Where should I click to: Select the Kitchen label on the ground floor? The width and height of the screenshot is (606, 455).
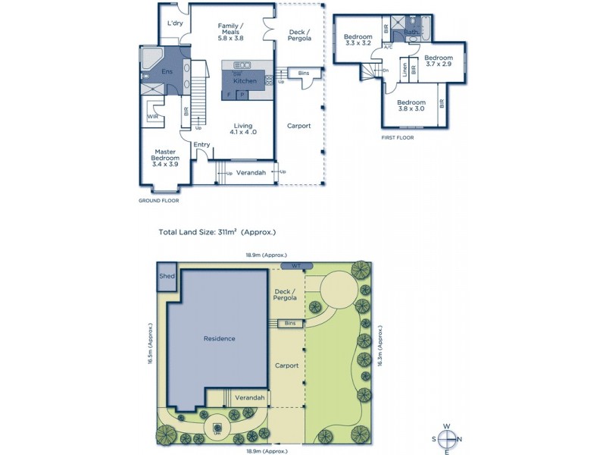(x=245, y=80)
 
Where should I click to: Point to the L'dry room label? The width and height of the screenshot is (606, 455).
(x=175, y=24)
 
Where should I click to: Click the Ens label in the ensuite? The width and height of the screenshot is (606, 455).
(x=167, y=72)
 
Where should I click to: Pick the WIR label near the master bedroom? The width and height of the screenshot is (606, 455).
(x=152, y=117)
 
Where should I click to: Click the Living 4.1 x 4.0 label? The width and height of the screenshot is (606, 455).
(x=242, y=129)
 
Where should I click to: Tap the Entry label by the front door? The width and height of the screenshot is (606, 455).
(x=201, y=145)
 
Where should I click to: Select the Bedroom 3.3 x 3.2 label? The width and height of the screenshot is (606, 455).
(x=358, y=40)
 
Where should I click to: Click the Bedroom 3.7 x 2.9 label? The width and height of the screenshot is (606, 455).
(x=438, y=61)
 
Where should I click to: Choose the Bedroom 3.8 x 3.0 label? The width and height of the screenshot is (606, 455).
(x=411, y=105)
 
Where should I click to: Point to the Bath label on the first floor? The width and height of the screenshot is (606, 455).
(x=411, y=33)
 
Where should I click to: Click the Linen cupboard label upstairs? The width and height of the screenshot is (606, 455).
(x=405, y=69)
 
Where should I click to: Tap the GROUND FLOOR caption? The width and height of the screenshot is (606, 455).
(x=158, y=201)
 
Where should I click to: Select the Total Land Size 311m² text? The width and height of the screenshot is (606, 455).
(x=217, y=233)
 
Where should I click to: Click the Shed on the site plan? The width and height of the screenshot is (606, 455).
(x=167, y=277)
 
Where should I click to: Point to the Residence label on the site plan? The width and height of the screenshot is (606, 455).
(x=219, y=338)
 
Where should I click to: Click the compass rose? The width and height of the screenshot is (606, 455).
(x=447, y=438)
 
